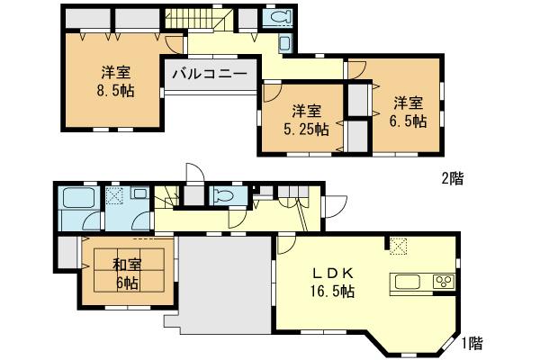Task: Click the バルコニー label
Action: coord(210,74)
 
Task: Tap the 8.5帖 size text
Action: coord(117,91)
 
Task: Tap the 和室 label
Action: coord(126,265)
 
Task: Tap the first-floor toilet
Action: coord(220,196)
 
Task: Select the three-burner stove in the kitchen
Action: coord(443,283)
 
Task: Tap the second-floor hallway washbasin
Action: coord(284,43)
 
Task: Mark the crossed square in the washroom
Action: coord(114,195)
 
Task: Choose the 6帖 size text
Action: coord(126,283)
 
